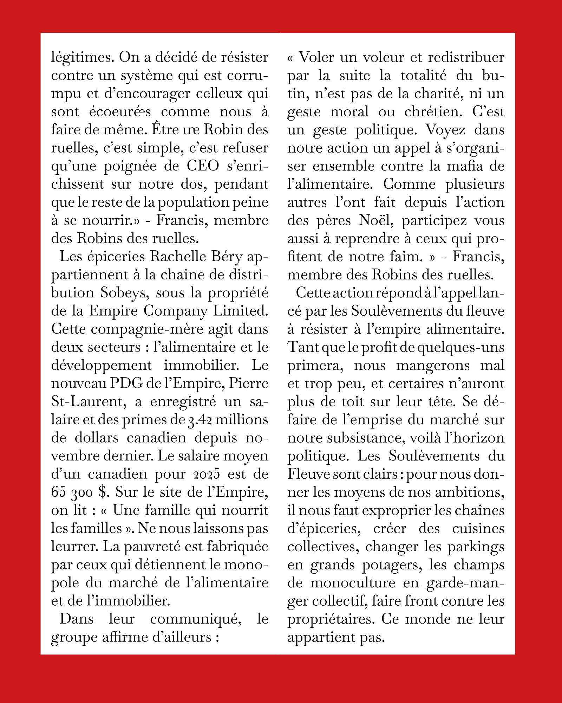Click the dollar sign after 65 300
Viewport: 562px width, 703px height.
coord(103,492)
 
